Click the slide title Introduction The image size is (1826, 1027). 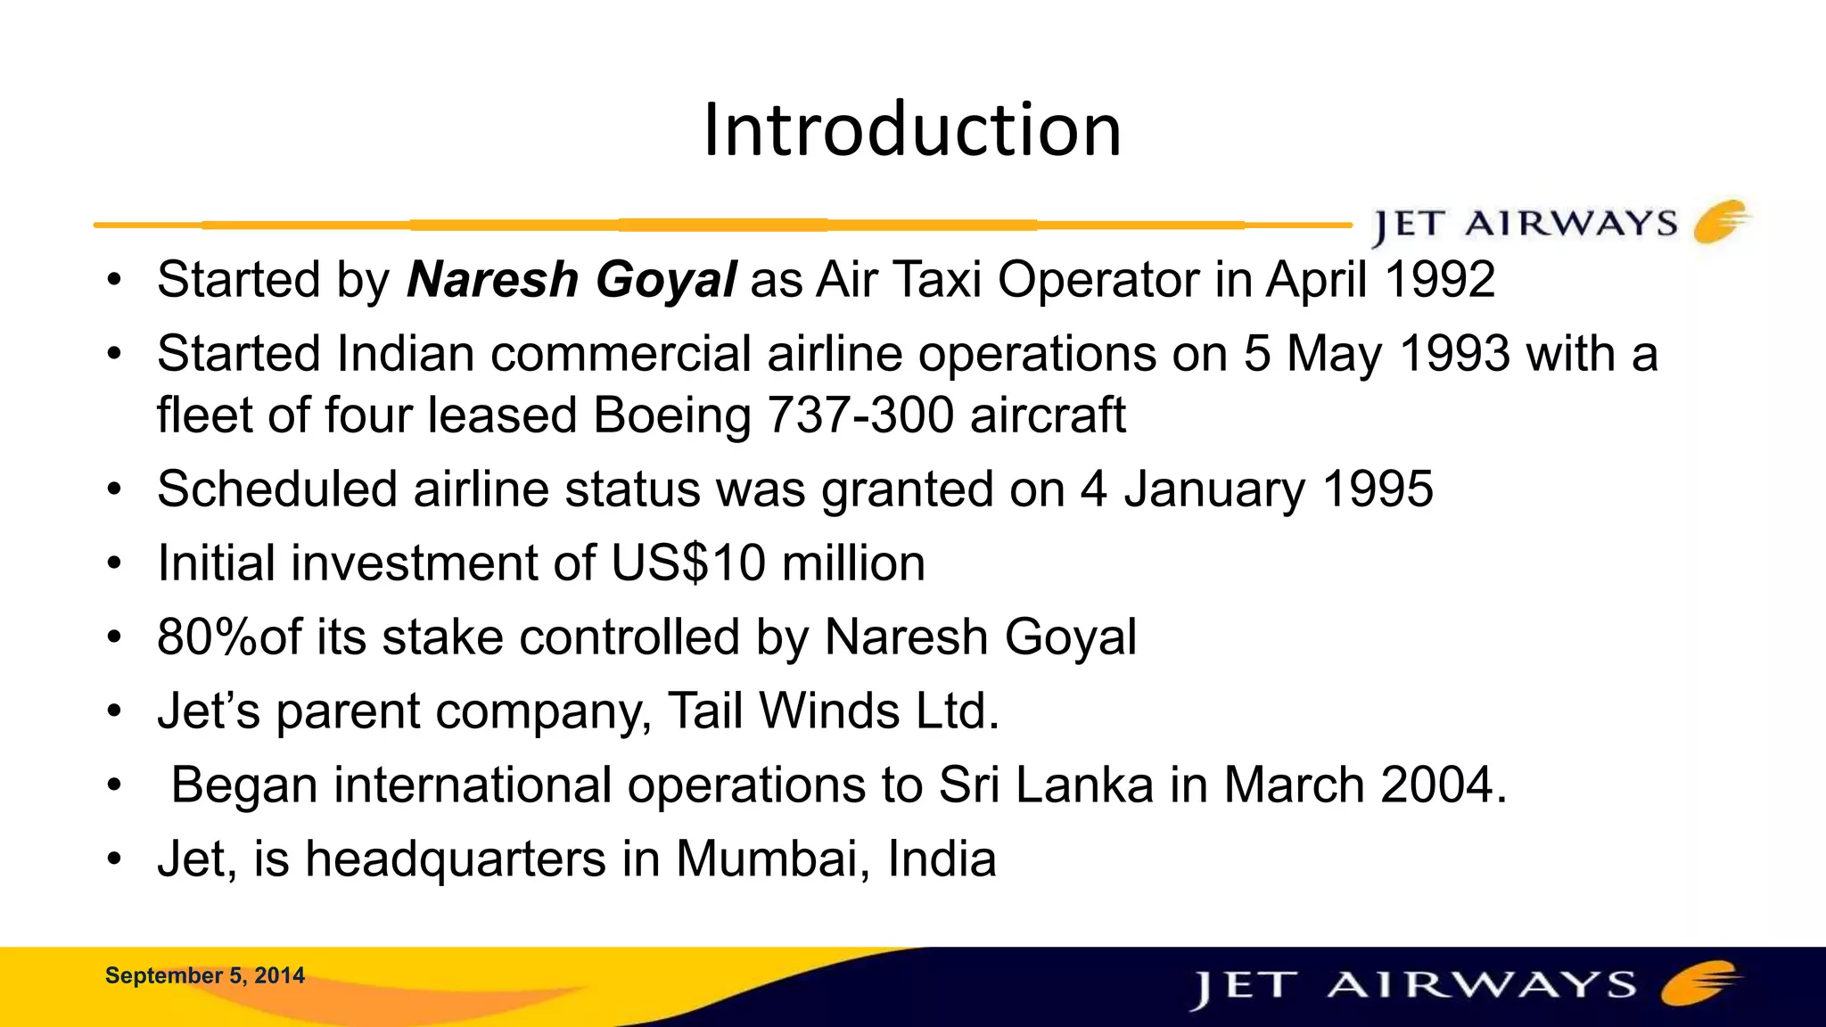point(912,130)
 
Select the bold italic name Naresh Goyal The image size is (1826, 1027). point(572,280)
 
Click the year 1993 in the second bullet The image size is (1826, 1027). point(1455,354)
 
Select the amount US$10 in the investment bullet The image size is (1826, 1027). point(687,563)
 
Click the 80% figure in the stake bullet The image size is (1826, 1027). point(206,637)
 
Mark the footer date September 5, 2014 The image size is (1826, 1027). point(205,975)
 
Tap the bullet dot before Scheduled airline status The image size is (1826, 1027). point(113,490)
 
